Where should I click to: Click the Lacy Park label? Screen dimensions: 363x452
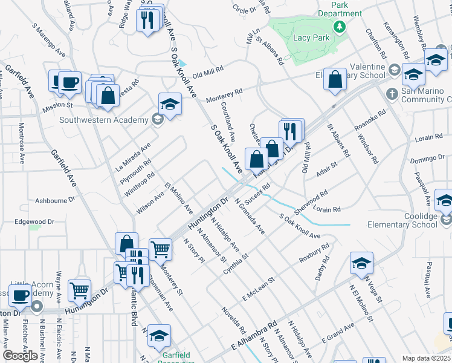pos(310,38)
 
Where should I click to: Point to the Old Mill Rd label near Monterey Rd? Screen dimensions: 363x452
pos(208,72)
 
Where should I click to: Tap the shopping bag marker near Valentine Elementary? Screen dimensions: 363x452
pos(335,79)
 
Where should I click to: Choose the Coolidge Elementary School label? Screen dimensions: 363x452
pos(412,221)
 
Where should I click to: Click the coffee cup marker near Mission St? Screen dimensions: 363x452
pos(69,82)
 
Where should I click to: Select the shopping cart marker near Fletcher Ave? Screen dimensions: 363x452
pos(80,291)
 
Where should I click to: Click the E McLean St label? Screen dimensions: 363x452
pos(259,289)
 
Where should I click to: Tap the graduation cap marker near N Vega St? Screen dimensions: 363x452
pos(361,263)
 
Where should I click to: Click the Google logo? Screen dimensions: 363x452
pos(21,356)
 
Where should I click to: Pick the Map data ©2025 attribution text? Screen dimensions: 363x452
pos(426,358)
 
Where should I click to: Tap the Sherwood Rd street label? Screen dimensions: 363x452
pos(311,203)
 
